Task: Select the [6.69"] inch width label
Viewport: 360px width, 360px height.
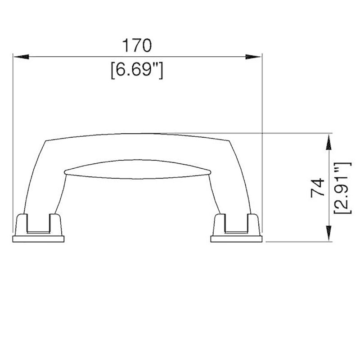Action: click(x=136, y=71)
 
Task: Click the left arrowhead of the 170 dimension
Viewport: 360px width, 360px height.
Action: click(x=21, y=57)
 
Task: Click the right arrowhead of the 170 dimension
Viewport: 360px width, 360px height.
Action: click(x=254, y=57)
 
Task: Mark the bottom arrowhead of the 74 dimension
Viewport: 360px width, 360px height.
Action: click(x=329, y=234)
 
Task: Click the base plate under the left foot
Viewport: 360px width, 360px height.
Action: click(x=38, y=238)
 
